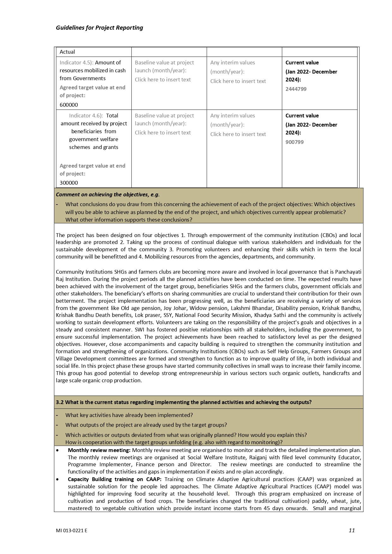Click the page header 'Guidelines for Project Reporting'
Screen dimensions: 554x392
point(99,28)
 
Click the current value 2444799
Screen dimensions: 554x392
point(296,89)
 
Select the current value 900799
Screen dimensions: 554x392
point(294,142)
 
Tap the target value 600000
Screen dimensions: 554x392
point(69,105)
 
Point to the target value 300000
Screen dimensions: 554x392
point(69,183)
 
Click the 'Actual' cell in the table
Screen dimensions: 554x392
point(67,52)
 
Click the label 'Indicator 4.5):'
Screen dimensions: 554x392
point(76,63)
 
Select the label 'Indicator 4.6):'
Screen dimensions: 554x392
point(86,116)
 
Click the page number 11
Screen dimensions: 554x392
point(352,530)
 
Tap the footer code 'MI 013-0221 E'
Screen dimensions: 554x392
point(72,531)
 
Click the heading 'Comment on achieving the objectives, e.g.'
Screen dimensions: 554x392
point(108,194)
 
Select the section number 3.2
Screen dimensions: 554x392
point(60,402)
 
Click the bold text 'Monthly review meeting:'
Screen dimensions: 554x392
point(99,450)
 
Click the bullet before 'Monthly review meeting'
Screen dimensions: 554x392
point(57,450)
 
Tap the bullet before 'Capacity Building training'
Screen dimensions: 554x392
point(57,479)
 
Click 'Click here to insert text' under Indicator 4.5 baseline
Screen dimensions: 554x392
point(163,80)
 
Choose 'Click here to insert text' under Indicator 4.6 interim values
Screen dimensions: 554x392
point(238,134)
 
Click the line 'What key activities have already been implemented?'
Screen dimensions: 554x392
point(129,415)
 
